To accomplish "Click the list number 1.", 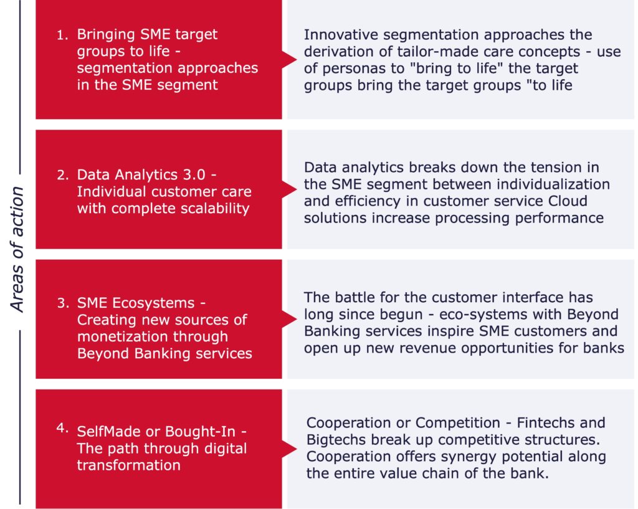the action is (62, 36).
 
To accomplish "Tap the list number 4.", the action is (62, 428).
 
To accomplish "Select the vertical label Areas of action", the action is (17, 249).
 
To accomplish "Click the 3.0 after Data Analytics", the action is (194, 174).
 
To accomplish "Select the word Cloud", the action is (568, 201).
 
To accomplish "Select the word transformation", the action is (128, 465).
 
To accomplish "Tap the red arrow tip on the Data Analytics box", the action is (296, 189).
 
